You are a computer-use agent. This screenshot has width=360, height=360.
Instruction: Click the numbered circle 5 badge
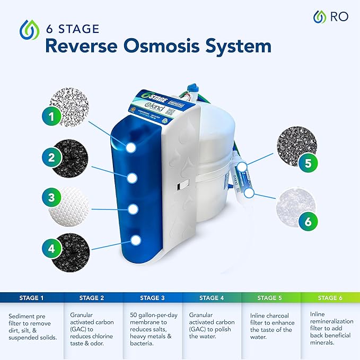[308, 163]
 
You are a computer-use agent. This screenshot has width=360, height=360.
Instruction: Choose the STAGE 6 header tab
[329, 298]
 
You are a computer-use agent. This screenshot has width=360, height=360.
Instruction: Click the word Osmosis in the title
[169, 46]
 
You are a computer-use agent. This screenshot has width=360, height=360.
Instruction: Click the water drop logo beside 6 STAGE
[29, 31]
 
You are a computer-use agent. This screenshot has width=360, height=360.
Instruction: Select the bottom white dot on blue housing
[136, 240]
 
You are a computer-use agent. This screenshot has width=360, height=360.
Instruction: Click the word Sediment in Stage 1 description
[23, 316]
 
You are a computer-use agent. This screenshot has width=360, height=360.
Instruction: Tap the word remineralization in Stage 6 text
[332, 322]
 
